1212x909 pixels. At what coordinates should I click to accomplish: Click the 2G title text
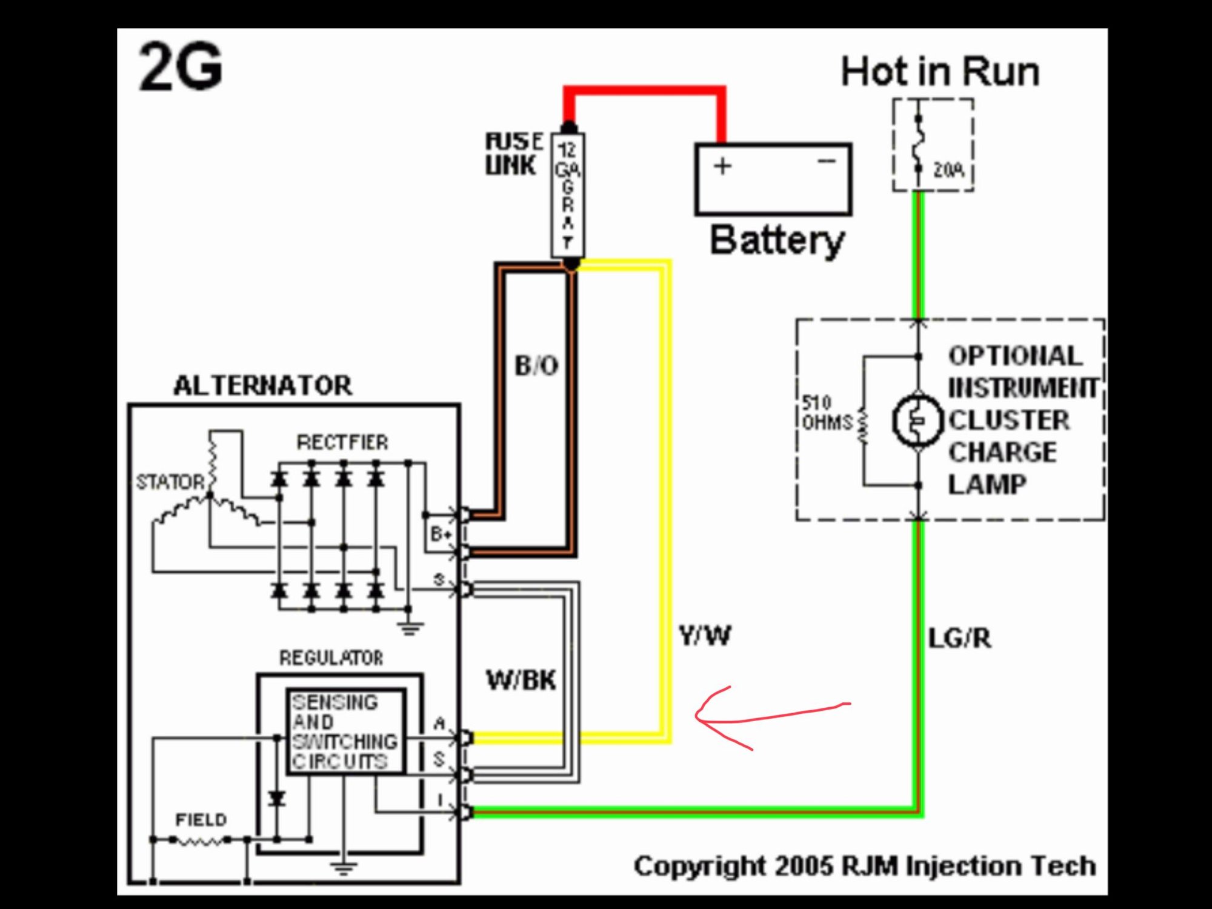181,68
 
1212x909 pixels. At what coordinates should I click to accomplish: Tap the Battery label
777,241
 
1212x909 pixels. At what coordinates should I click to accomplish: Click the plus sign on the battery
722,166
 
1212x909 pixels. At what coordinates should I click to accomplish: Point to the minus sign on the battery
827,161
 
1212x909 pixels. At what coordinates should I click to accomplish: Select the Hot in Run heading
940,72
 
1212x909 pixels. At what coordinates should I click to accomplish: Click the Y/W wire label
705,636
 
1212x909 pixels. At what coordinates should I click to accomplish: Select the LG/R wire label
960,638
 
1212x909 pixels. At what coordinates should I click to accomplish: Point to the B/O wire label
536,365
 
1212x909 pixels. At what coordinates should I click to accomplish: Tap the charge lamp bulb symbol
918,421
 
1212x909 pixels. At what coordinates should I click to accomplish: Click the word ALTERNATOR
262,385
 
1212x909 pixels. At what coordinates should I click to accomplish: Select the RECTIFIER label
342,442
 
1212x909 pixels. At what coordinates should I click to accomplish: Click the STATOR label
171,482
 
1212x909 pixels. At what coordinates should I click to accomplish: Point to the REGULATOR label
331,658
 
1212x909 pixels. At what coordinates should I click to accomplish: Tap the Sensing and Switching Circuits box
345,731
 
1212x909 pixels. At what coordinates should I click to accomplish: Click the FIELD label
201,820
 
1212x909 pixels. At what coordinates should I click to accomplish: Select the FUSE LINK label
513,154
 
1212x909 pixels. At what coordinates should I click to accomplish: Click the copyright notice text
865,866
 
